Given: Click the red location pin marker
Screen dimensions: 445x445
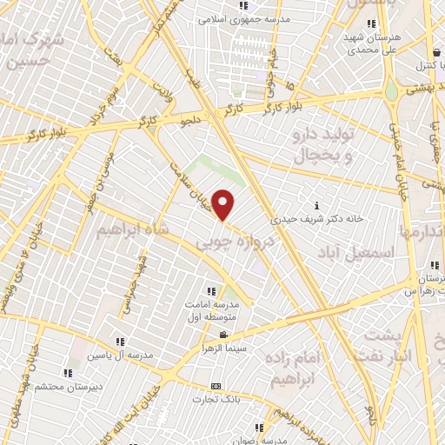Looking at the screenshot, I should [x=224, y=205].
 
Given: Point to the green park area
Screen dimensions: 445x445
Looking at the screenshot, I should [x=207, y=171].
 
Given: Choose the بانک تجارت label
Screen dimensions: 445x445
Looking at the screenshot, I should [x=216, y=400].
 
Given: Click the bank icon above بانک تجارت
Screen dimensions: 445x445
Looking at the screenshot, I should [x=216, y=387].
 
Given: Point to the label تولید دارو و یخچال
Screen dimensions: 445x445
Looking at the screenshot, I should [x=323, y=145].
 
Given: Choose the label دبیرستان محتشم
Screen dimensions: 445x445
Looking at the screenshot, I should [x=67, y=385].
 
